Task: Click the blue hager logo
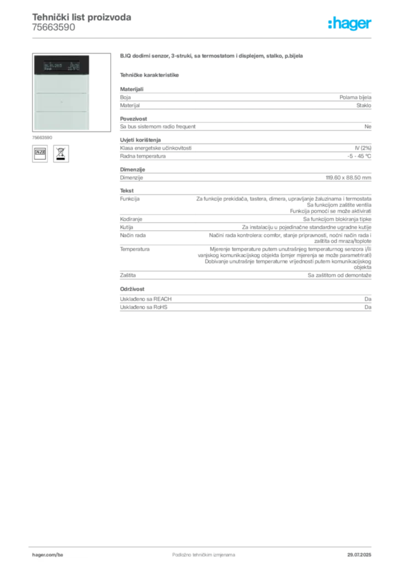[351, 24]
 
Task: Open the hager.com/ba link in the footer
[48, 554]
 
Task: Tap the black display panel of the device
[60, 65]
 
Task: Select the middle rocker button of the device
[60, 102]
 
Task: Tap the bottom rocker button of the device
[60, 120]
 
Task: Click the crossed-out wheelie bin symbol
[60, 153]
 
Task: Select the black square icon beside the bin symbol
[40, 153]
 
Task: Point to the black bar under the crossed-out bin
[60, 159]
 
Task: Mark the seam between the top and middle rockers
[60, 93]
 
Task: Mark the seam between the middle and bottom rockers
[60, 112]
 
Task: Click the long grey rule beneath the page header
[203, 38]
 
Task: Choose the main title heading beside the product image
[211, 56]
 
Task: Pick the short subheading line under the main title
[150, 75]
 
